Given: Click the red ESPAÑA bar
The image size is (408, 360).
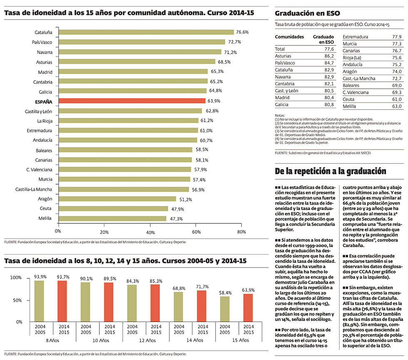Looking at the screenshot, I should [x=132, y=101].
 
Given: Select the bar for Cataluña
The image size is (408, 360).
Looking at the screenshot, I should [x=146, y=32].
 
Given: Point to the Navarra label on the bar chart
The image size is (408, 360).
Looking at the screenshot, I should [x=45, y=52].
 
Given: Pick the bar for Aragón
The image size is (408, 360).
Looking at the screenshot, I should [x=117, y=199].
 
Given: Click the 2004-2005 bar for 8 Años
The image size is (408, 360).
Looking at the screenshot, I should [x=39, y=301].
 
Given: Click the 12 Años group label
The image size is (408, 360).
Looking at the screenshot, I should [x=147, y=340].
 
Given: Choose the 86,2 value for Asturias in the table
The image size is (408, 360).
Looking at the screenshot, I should [x=328, y=56].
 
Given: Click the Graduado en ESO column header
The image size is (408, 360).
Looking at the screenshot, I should [x=323, y=39].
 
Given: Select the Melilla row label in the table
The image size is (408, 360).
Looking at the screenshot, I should [x=350, y=106].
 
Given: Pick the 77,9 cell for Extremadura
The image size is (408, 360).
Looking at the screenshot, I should [x=396, y=37].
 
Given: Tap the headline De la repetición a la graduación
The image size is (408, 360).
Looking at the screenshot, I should [x=331, y=171].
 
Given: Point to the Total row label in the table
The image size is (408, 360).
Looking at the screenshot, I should [x=280, y=49].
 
